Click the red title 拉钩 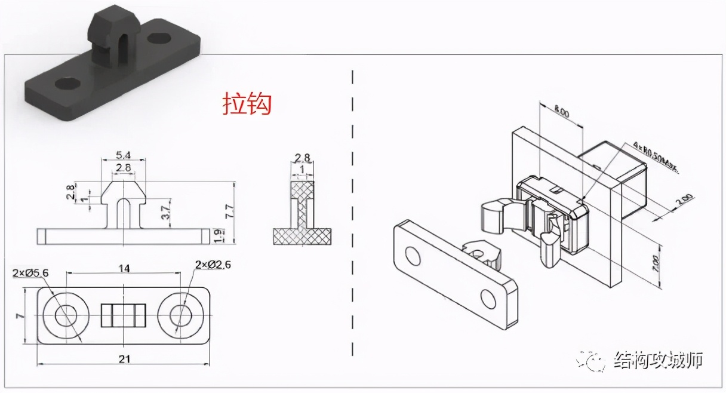(x=247, y=103)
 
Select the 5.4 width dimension (x=124, y=155)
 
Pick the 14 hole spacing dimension (x=124, y=268)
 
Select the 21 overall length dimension (x=124, y=358)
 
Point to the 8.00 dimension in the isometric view (x=561, y=112)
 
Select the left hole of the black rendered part (x=66, y=83)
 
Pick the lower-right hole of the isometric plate (x=488, y=297)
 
